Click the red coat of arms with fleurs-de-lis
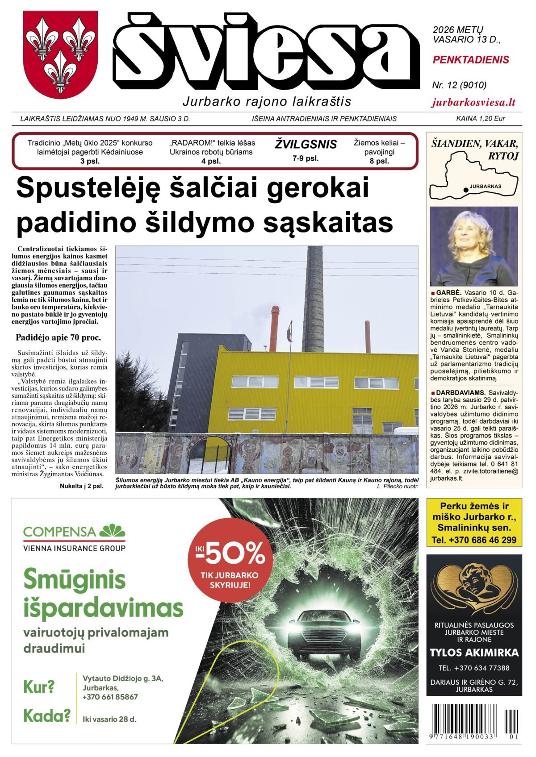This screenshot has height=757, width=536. [60, 54]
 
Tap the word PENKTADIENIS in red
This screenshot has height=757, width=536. [471, 60]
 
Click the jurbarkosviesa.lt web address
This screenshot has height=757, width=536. [473, 102]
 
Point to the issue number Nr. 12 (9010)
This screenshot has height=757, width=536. [459, 85]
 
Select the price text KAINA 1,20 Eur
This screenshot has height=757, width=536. [480, 119]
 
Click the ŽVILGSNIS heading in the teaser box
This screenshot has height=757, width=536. [306, 145]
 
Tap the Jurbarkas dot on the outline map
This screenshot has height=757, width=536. [466, 190]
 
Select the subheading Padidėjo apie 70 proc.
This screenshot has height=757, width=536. [58, 337]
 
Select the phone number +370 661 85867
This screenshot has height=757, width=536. [110, 697]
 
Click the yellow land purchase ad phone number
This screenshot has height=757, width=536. [474, 540]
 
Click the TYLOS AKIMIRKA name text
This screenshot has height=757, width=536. [474, 653]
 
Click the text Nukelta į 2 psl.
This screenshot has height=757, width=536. [81, 486]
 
